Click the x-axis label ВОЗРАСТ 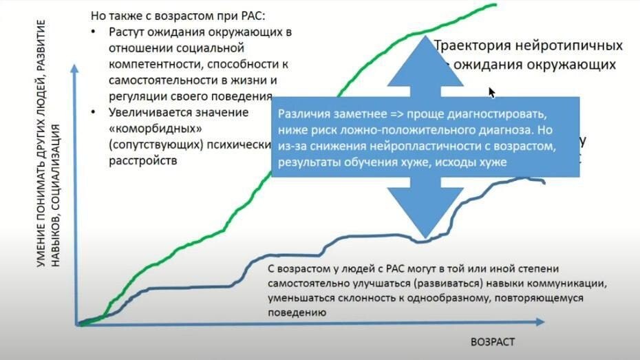(x=493, y=342)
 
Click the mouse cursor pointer (x=492, y=92)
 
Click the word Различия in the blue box (x=300, y=114)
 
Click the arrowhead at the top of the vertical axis (x=74, y=69)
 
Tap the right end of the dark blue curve (x=544, y=182)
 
